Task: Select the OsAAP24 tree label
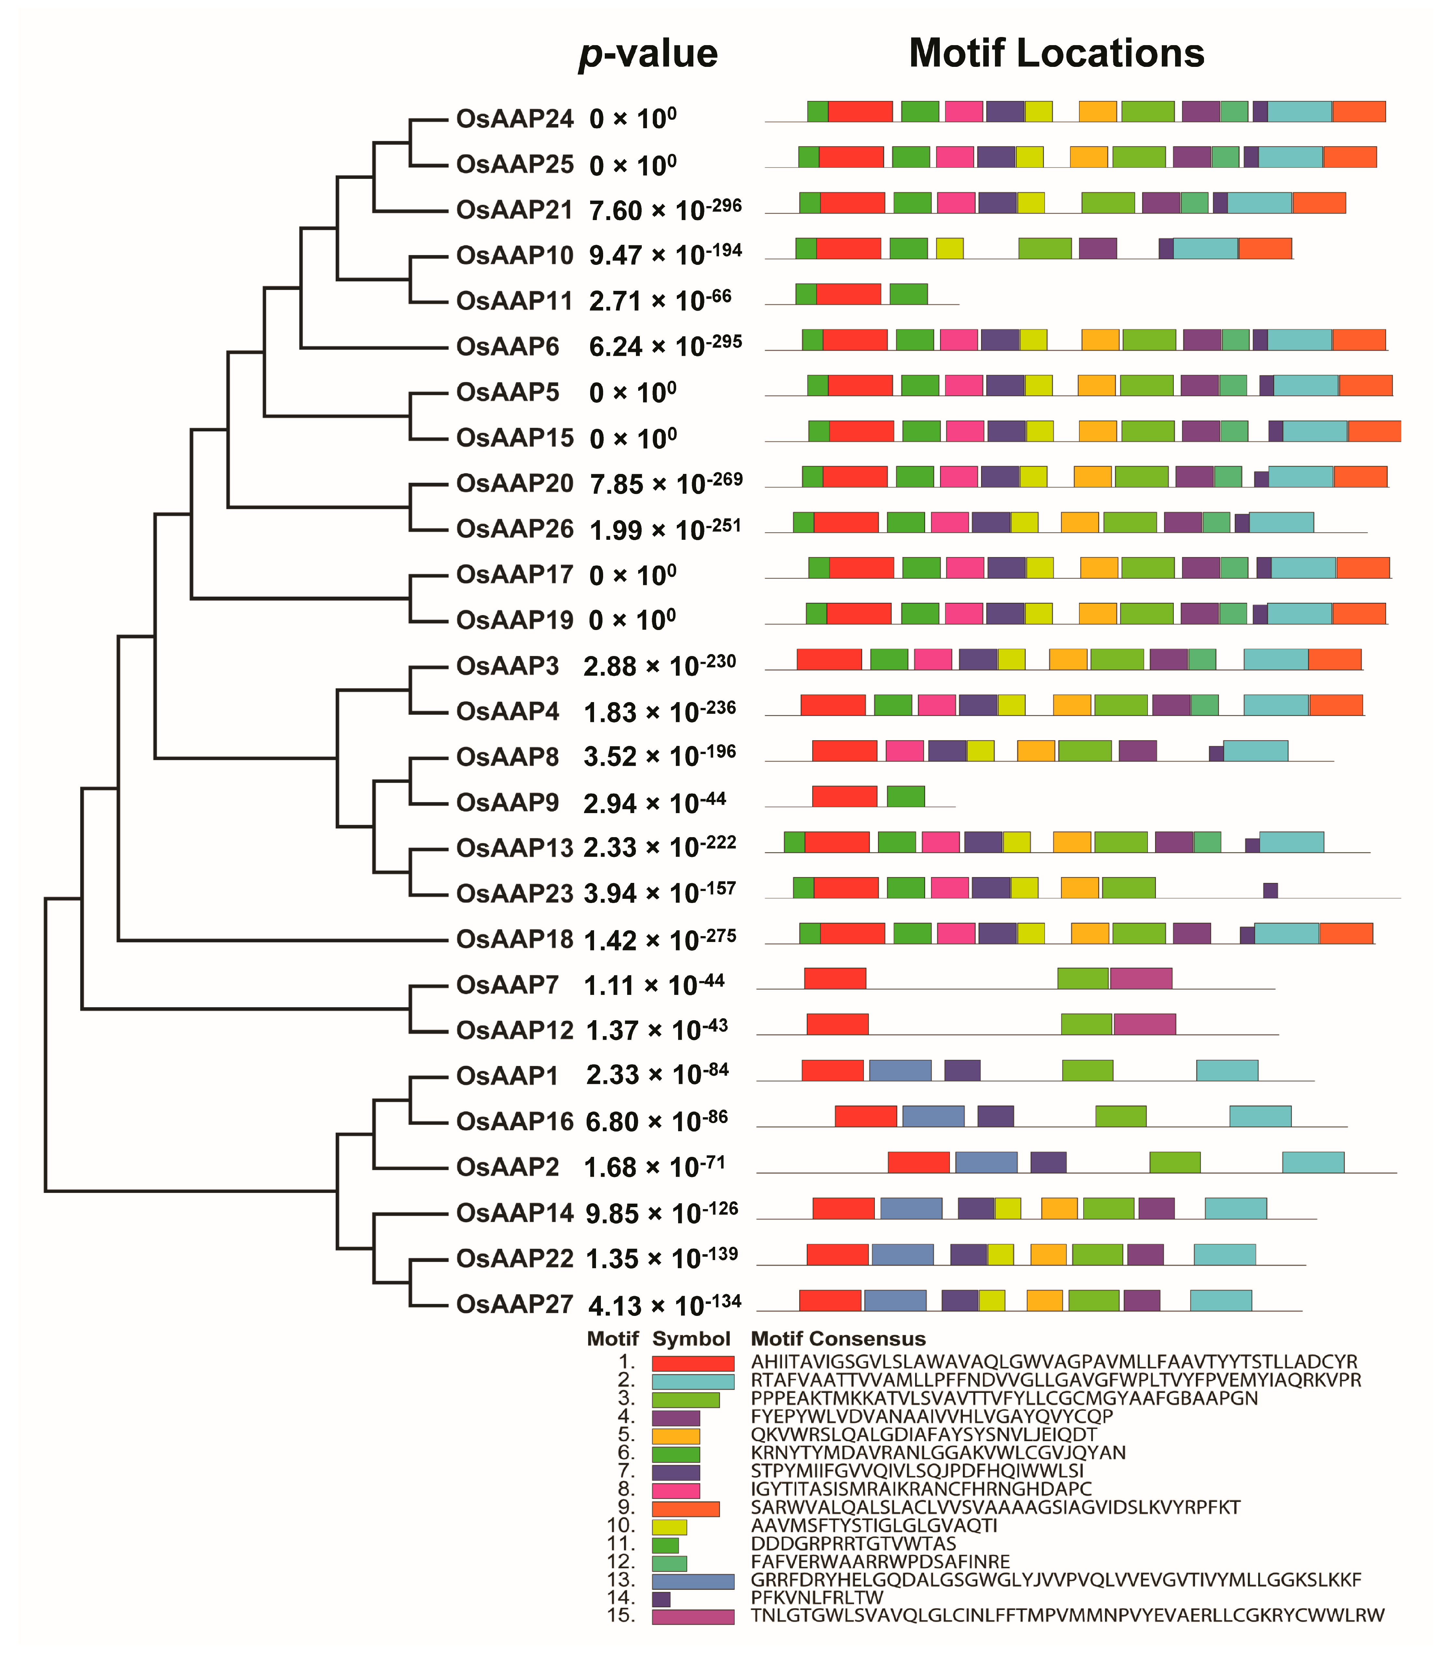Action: tap(515, 119)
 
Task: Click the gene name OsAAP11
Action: tap(515, 301)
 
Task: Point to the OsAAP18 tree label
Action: tap(515, 940)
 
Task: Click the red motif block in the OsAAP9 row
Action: tap(844, 796)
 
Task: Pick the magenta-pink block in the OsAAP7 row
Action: tap(1141, 979)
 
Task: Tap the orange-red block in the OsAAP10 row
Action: tap(1265, 249)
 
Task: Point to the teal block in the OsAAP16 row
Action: tap(1260, 1116)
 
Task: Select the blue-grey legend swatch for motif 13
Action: tap(693, 1580)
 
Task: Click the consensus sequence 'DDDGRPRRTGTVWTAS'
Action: tap(853, 1544)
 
